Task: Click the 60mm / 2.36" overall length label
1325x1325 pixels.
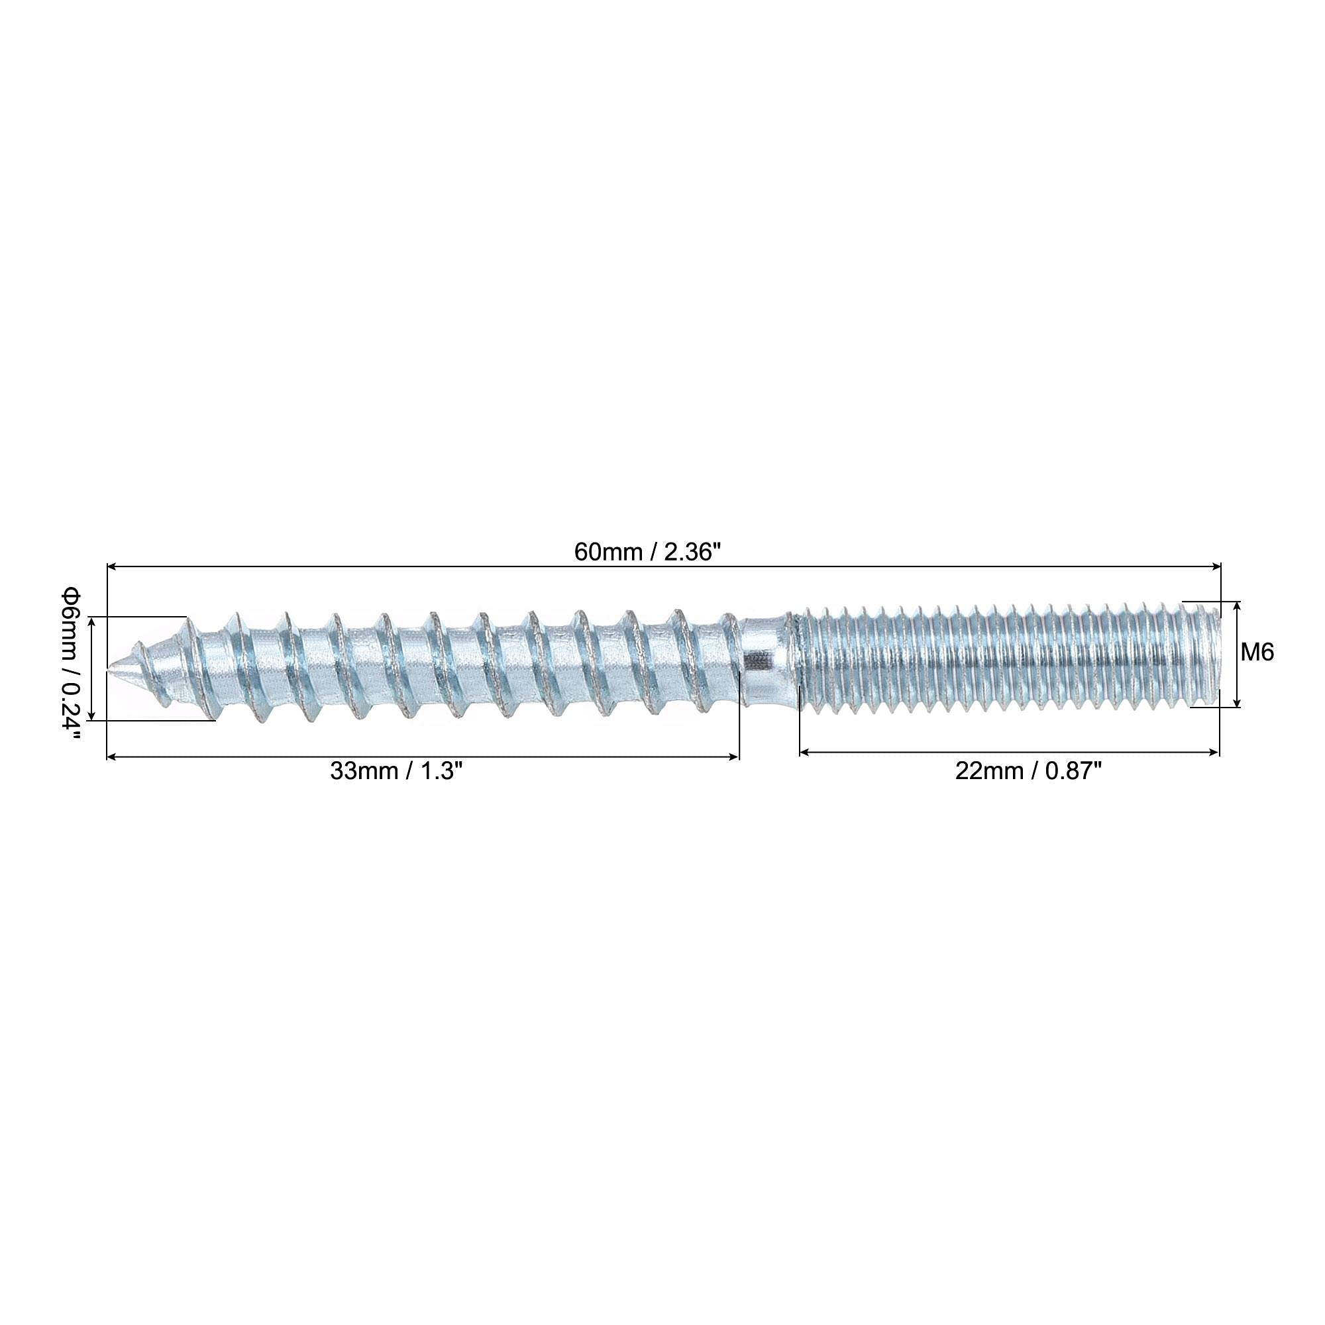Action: point(647,552)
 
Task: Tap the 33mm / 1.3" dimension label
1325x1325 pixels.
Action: point(396,771)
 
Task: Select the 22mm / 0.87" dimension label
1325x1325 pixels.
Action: point(1028,772)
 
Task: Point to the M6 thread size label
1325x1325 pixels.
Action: point(1257,652)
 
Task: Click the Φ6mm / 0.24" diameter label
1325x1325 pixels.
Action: point(72,663)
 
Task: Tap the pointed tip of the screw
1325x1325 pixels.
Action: point(110,666)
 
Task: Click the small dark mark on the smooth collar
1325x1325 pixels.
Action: point(757,661)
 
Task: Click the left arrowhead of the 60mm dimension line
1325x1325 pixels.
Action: point(112,566)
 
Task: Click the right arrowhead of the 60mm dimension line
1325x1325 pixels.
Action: point(1216,566)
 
